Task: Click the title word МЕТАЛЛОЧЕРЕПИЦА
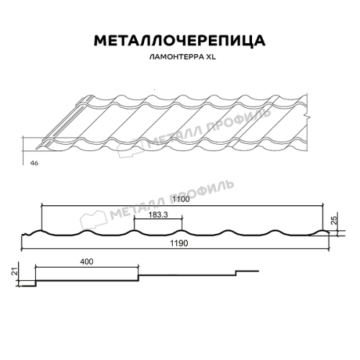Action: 179,40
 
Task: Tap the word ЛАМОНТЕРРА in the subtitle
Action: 176,57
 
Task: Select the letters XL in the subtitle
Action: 210,57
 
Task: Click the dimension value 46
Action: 34,163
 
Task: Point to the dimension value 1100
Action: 181,199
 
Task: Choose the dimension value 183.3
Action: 158,215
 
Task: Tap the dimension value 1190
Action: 179,243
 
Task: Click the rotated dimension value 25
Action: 334,220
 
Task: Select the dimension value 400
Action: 86,261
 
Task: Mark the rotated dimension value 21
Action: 15,271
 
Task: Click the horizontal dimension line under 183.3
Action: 158,219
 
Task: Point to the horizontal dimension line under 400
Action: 87,266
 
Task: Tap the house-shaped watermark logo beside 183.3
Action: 93,219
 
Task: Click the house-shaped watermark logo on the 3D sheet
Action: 131,148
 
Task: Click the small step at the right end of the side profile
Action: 236,273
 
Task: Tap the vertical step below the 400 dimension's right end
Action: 138,278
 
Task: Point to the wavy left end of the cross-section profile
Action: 27,234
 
